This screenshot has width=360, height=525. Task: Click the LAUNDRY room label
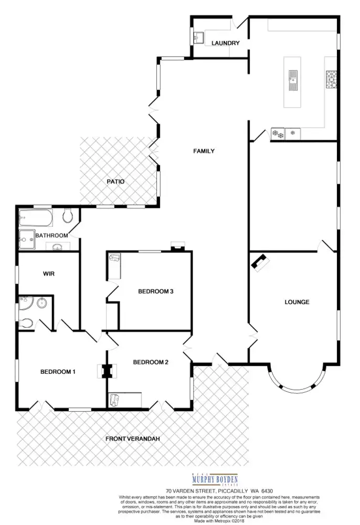pyautogui.click(x=226, y=43)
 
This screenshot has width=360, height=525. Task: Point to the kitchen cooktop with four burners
pyautogui.click(x=332, y=79)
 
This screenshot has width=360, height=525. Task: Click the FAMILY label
pyautogui.click(x=204, y=151)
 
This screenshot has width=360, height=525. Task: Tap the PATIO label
pyautogui.click(x=116, y=182)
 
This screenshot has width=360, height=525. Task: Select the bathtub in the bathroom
pyautogui.click(x=35, y=216)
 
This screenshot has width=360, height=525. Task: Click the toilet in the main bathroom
pyautogui.click(x=67, y=215)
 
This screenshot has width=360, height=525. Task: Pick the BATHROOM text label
pyautogui.click(x=51, y=236)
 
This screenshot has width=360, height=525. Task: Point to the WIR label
pyautogui.click(x=49, y=274)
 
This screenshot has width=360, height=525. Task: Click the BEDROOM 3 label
pyautogui.click(x=155, y=292)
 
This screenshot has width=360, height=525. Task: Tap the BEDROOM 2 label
pyautogui.click(x=150, y=362)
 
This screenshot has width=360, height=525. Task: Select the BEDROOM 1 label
pyautogui.click(x=58, y=372)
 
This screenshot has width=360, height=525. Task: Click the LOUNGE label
pyautogui.click(x=297, y=302)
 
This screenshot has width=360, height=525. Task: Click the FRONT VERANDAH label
pyautogui.click(x=132, y=439)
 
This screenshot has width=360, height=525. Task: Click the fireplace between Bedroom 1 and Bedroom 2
pyautogui.click(x=107, y=371)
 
